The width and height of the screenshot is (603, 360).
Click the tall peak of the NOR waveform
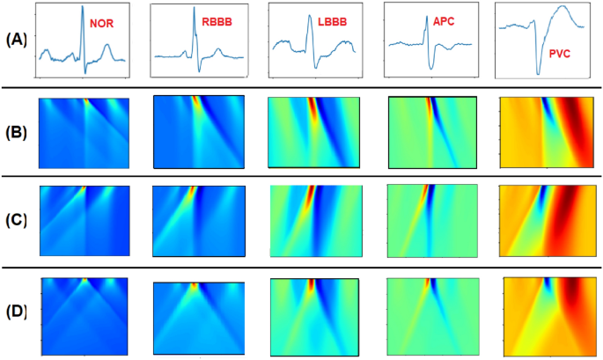pos(83,8)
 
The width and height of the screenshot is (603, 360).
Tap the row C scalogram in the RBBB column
pos(200,218)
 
